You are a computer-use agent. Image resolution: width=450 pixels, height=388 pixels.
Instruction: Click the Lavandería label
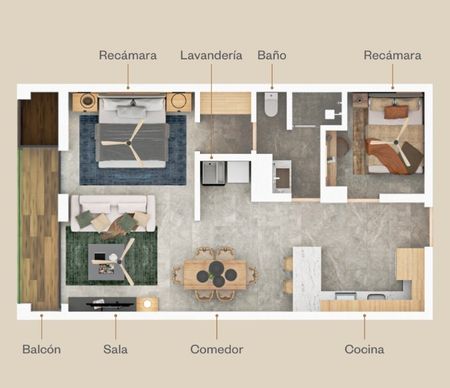click(211, 55)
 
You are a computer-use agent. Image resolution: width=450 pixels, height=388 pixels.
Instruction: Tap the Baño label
click(272, 55)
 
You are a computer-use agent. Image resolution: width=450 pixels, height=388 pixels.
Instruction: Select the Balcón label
click(42, 349)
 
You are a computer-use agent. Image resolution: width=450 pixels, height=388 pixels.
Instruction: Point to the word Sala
click(115, 349)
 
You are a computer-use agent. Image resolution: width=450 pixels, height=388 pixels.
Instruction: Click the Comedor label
click(217, 349)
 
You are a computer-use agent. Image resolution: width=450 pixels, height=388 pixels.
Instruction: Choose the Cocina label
click(364, 349)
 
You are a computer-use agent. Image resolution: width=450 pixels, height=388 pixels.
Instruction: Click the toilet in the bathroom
click(271, 104)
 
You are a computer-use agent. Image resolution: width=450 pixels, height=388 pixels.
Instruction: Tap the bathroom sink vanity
click(282, 176)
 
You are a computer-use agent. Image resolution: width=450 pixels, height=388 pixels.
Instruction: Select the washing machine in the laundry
click(214, 173)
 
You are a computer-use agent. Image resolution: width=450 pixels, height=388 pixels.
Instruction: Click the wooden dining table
click(215, 275)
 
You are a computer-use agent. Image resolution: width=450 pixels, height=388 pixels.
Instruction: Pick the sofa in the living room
click(113, 213)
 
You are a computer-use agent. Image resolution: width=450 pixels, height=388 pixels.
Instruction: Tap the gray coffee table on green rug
click(106, 262)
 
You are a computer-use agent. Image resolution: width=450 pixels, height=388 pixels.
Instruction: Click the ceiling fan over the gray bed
click(129, 143)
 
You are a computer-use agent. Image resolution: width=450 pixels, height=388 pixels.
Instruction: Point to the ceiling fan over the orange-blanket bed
click(396, 142)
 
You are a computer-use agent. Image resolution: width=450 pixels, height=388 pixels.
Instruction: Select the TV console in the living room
click(102, 304)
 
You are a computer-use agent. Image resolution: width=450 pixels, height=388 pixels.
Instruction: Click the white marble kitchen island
click(307, 279)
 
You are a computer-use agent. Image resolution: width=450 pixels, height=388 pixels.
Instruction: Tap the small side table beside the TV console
click(147, 304)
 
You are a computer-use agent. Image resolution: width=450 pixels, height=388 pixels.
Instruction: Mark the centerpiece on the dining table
click(217, 275)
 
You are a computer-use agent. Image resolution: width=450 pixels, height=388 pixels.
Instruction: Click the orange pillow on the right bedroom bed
click(396, 112)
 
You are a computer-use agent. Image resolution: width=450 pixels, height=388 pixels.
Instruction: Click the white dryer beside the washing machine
click(238, 172)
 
